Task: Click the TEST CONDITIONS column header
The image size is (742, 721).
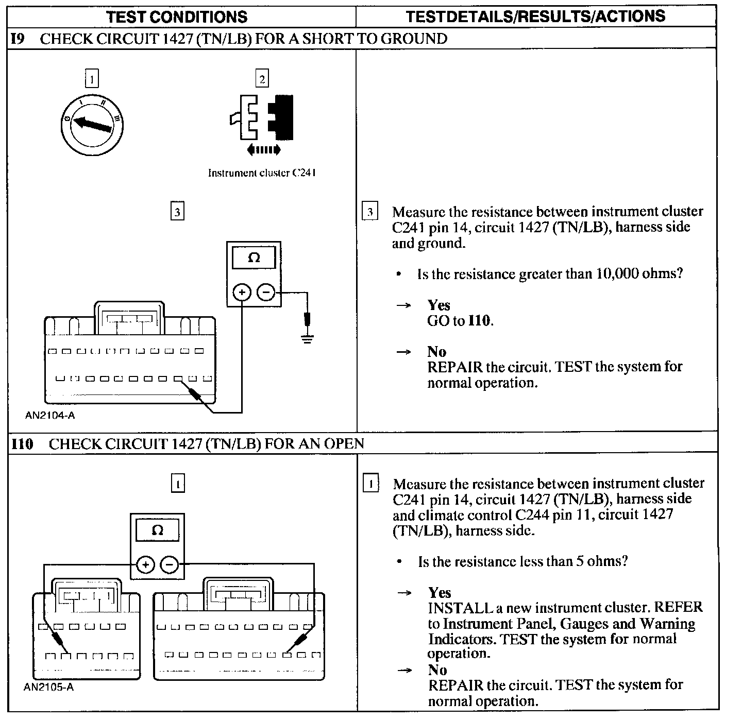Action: click(177, 17)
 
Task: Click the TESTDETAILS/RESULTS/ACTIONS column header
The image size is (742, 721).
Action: click(535, 16)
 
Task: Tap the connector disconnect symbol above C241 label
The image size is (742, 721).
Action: click(262, 118)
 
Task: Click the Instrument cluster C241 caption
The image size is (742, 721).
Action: click(262, 173)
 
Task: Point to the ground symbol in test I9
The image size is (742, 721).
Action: click(307, 339)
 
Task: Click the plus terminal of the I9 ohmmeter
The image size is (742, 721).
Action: click(242, 293)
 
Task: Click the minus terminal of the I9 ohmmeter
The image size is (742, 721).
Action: click(266, 293)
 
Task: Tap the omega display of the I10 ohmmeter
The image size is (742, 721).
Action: click(157, 530)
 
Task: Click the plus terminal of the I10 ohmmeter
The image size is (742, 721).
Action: click(145, 565)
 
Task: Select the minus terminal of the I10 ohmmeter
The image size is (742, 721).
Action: click(170, 565)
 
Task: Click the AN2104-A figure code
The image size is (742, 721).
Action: click(49, 415)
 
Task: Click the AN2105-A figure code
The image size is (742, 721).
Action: click(49, 687)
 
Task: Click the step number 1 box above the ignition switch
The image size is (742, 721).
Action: click(91, 79)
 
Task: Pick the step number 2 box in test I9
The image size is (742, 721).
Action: click(262, 79)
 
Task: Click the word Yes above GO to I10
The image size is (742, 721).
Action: click(439, 305)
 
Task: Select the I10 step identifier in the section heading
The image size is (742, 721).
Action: click(22, 443)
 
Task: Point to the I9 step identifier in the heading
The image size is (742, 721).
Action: click(18, 39)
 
